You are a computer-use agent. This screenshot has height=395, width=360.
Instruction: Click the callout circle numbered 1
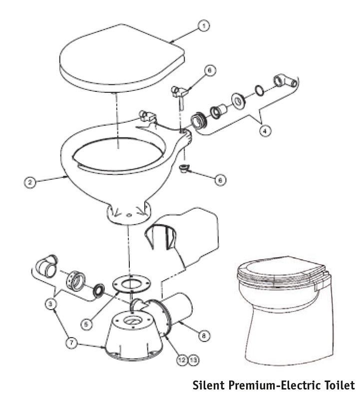pos(204,25)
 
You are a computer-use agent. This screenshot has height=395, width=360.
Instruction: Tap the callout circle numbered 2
pos(30,182)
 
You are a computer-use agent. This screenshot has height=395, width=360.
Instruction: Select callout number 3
pos(50,305)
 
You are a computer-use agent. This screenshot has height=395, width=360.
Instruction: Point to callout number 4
pos(265,131)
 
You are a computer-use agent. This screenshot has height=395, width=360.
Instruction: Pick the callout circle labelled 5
pos(86,324)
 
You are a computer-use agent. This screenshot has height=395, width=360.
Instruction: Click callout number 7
pos(71,343)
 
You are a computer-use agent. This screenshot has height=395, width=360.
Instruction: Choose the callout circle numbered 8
pos(204,336)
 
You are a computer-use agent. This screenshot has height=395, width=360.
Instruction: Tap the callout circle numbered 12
pos(182,360)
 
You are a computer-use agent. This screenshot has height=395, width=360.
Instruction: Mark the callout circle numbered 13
pos(193,360)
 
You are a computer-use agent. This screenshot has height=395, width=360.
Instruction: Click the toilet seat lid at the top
pos(122,58)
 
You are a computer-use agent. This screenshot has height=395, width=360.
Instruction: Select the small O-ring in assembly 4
pos(259,91)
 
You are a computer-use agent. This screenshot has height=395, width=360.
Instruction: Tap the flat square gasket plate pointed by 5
pos(131,284)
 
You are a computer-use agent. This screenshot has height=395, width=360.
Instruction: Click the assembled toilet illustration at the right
pos(286,311)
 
